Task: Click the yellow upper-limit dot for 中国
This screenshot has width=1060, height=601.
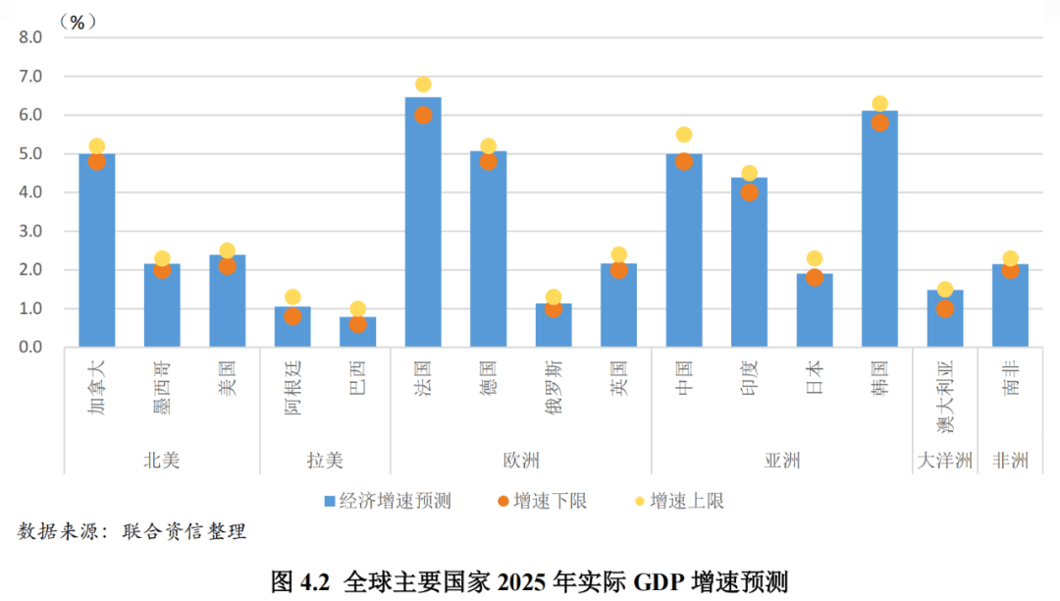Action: click(x=684, y=135)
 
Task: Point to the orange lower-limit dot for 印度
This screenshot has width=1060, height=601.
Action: click(x=749, y=192)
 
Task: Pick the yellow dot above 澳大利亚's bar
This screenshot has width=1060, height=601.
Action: click(x=945, y=290)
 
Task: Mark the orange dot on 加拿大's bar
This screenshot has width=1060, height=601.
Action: click(x=97, y=162)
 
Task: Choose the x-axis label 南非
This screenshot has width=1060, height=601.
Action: click(x=1010, y=377)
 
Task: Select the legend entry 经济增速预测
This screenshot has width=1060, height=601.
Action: click(x=387, y=501)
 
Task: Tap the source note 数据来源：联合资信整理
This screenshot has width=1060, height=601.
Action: click(x=132, y=531)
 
